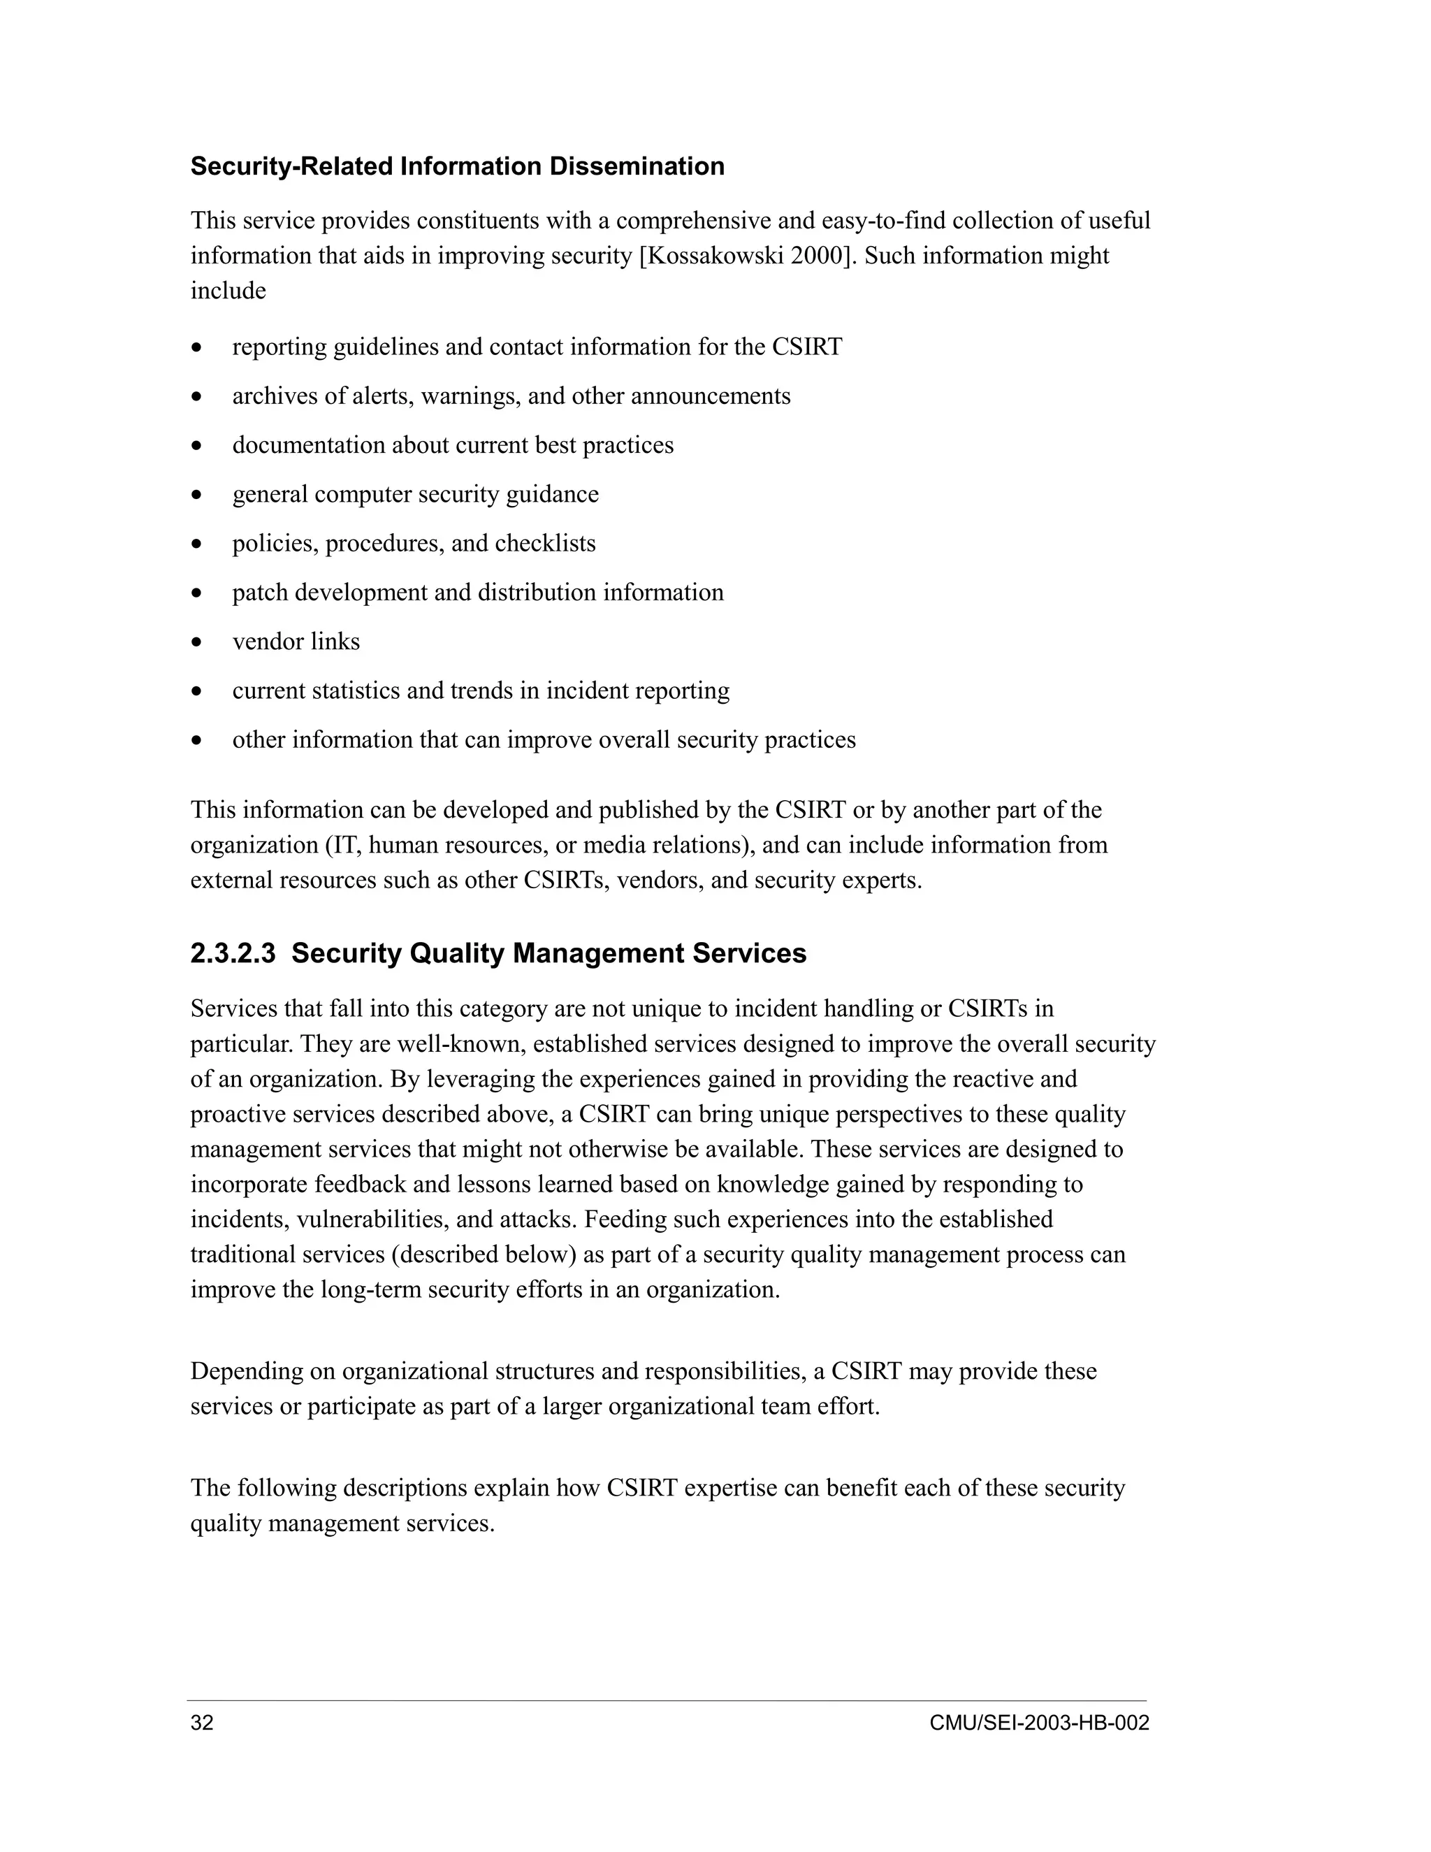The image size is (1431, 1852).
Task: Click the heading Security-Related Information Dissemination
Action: tap(457, 166)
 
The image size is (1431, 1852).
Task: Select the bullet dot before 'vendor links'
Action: tap(196, 643)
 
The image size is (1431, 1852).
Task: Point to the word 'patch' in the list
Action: tap(259, 593)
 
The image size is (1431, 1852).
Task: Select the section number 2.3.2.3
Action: tap(233, 954)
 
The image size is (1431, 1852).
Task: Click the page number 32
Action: tap(202, 1723)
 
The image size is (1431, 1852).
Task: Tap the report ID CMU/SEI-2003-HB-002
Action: tap(1038, 1723)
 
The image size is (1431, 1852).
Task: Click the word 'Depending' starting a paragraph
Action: tap(244, 1371)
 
